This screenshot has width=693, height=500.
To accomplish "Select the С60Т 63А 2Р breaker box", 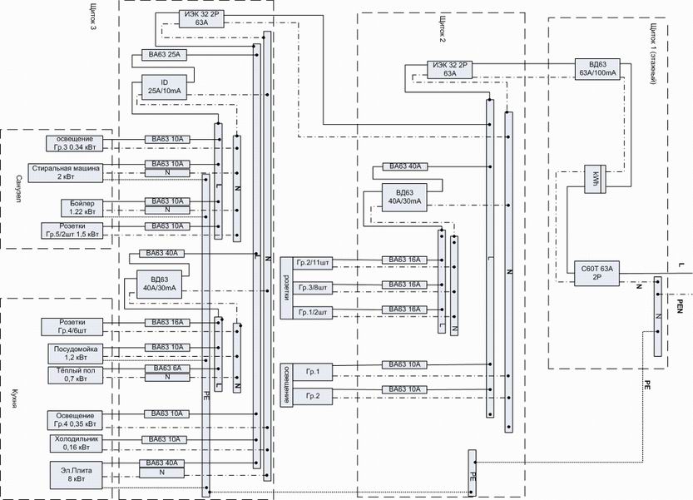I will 594,274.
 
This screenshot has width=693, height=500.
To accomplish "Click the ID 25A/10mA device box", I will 164,86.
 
